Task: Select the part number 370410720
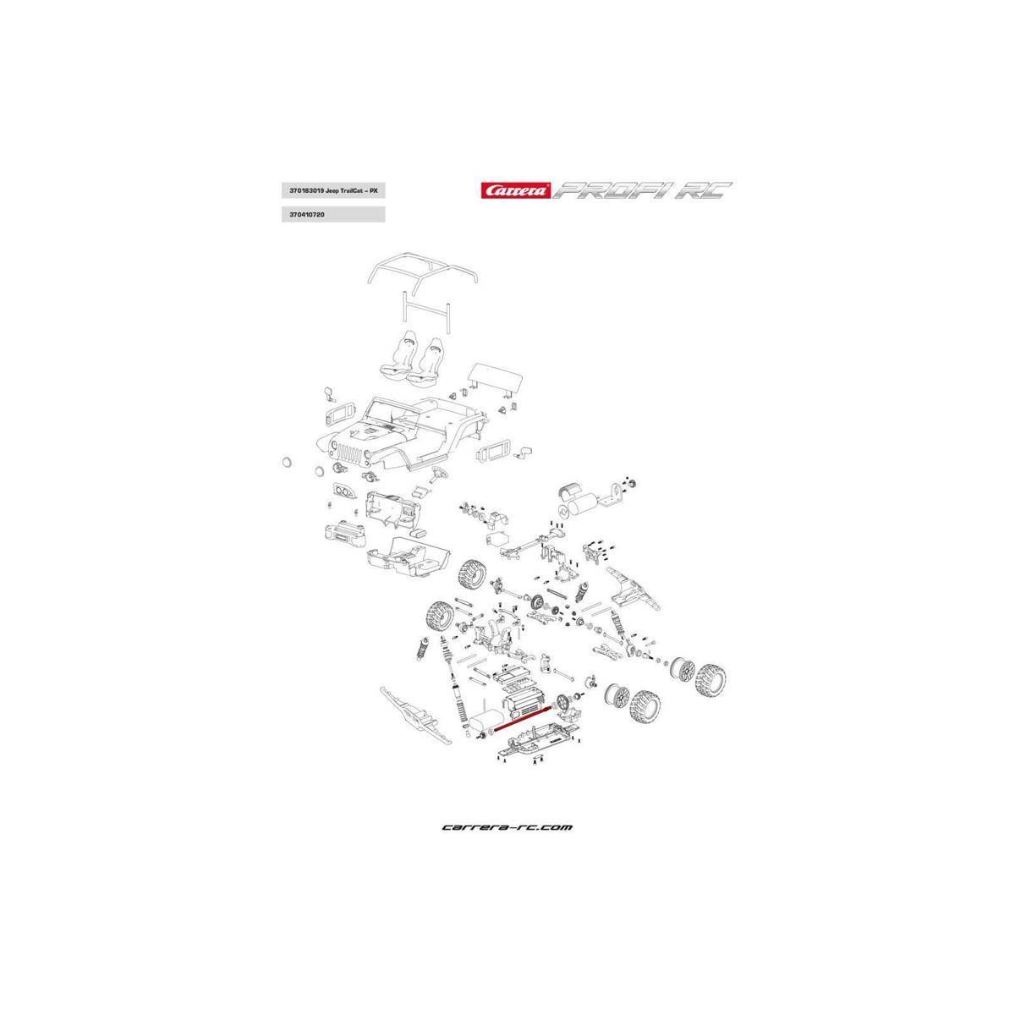point(308,216)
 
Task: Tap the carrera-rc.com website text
point(507,827)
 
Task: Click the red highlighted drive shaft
point(525,716)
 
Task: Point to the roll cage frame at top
point(422,272)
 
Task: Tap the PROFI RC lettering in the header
point(642,190)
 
